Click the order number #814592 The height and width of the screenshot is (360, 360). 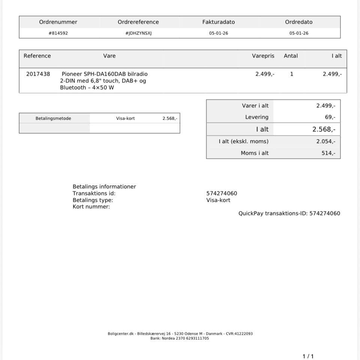[58, 33]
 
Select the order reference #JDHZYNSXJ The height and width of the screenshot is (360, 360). [138, 33]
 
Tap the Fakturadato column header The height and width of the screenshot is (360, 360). [219, 22]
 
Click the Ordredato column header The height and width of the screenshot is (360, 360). [298, 22]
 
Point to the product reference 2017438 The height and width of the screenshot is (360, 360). [38, 74]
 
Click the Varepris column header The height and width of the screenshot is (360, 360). [263, 56]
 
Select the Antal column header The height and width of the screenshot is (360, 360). [291, 56]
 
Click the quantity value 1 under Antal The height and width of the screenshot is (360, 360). [292, 74]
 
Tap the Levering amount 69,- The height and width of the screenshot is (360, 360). [330, 117]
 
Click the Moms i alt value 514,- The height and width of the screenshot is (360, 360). [328, 153]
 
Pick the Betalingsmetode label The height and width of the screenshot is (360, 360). [53, 118]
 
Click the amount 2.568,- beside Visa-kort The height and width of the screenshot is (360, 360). [170, 118]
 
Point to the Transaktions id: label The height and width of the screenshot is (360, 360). [94, 193]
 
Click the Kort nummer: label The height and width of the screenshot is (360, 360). [91, 207]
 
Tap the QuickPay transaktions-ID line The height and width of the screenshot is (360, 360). [289, 213]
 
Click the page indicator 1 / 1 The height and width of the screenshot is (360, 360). [308, 356]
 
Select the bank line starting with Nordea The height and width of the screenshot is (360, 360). [180, 338]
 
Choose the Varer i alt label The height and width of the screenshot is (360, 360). [255, 106]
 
